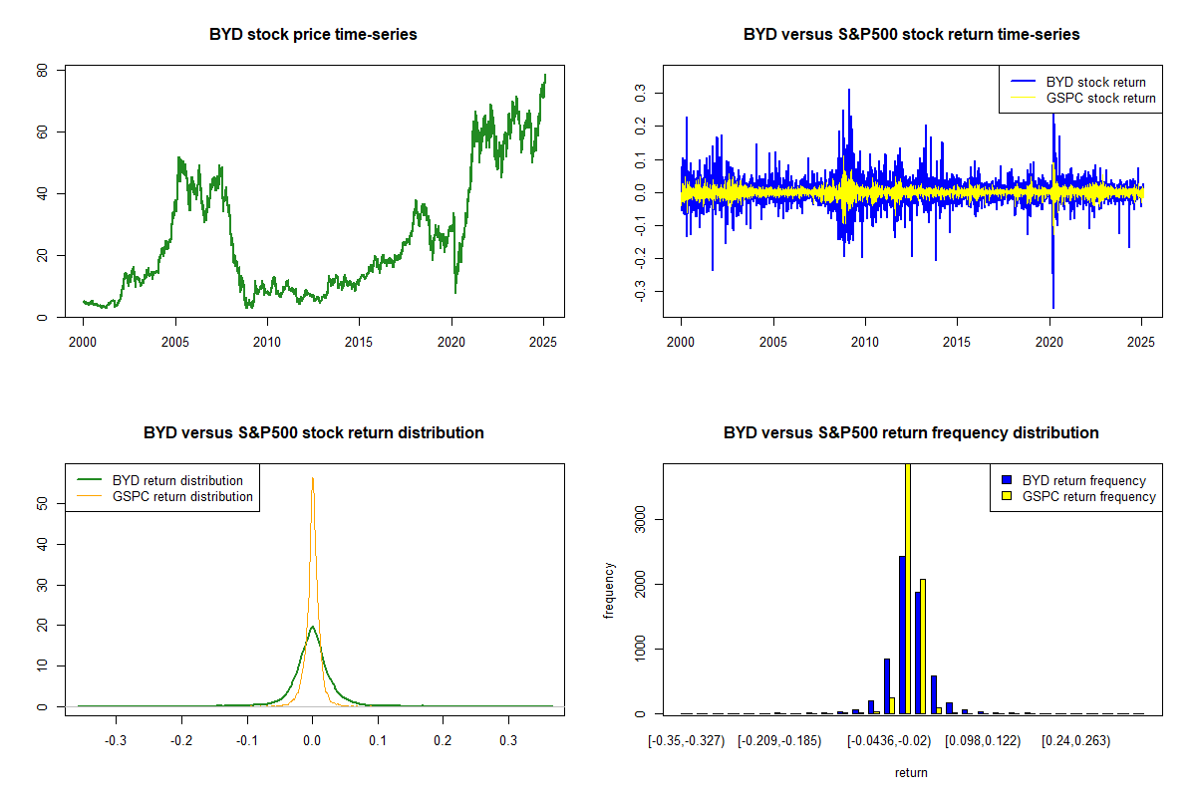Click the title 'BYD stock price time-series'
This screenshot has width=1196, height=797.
(313, 35)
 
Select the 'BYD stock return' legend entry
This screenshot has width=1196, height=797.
(1095, 82)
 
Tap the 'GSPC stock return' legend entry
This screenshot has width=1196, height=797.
(1100, 99)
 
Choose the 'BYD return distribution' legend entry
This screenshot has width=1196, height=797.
(177, 480)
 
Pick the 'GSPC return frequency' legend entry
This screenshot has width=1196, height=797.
(1089, 496)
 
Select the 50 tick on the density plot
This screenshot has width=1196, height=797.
(43, 504)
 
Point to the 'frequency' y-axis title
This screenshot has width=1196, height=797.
(610, 591)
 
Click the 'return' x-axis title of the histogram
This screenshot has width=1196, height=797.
(911, 772)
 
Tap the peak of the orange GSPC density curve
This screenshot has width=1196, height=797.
(313, 478)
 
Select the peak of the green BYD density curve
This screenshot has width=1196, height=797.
(313, 627)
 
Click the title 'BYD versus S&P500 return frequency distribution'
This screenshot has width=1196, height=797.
(911, 433)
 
